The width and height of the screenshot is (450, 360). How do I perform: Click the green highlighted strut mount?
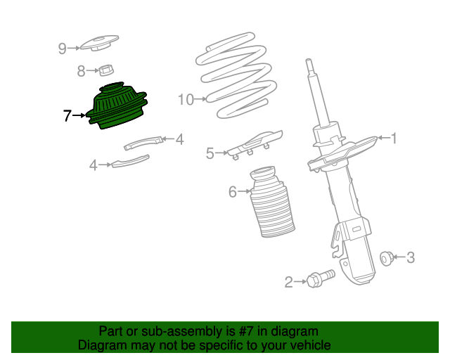tap(117, 106)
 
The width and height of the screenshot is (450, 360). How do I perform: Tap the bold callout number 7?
tap(67, 116)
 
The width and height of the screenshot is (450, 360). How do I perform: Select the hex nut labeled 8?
tap(106, 70)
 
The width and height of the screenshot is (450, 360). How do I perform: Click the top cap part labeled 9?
tap(99, 43)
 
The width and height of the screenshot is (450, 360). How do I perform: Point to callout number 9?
tap(63, 49)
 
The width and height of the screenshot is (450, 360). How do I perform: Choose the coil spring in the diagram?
tap(237, 75)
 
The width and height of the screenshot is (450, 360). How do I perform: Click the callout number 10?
tap(186, 100)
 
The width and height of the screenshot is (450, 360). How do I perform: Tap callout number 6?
tap(233, 192)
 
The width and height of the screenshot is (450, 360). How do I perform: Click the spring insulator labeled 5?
tap(255, 144)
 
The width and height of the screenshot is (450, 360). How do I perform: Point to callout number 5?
tap(210, 153)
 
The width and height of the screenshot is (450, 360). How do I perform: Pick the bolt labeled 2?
tap(321, 278)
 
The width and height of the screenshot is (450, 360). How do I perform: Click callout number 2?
tap(288, 282)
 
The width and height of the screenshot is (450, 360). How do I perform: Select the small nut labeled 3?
tap(387, 258)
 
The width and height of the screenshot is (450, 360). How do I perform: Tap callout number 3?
tap(411, 257)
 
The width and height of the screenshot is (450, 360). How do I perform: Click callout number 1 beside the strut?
tap(394, 139)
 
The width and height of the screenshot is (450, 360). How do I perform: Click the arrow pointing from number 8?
tap(92, 70)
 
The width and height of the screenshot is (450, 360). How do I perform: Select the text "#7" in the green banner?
tap(245, 332)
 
